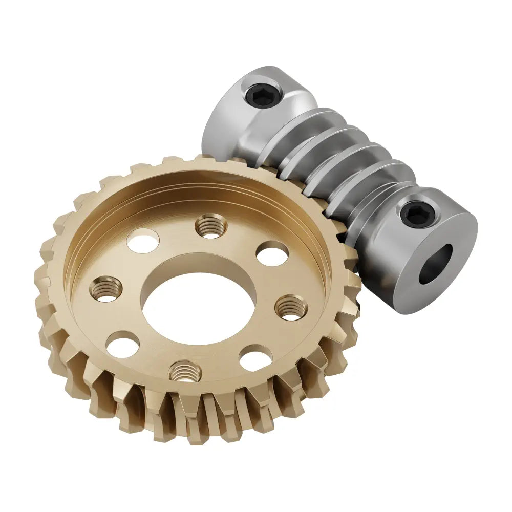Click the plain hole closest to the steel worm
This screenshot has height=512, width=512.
tap(272, 253)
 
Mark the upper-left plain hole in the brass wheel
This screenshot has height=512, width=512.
tap(143, 241)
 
